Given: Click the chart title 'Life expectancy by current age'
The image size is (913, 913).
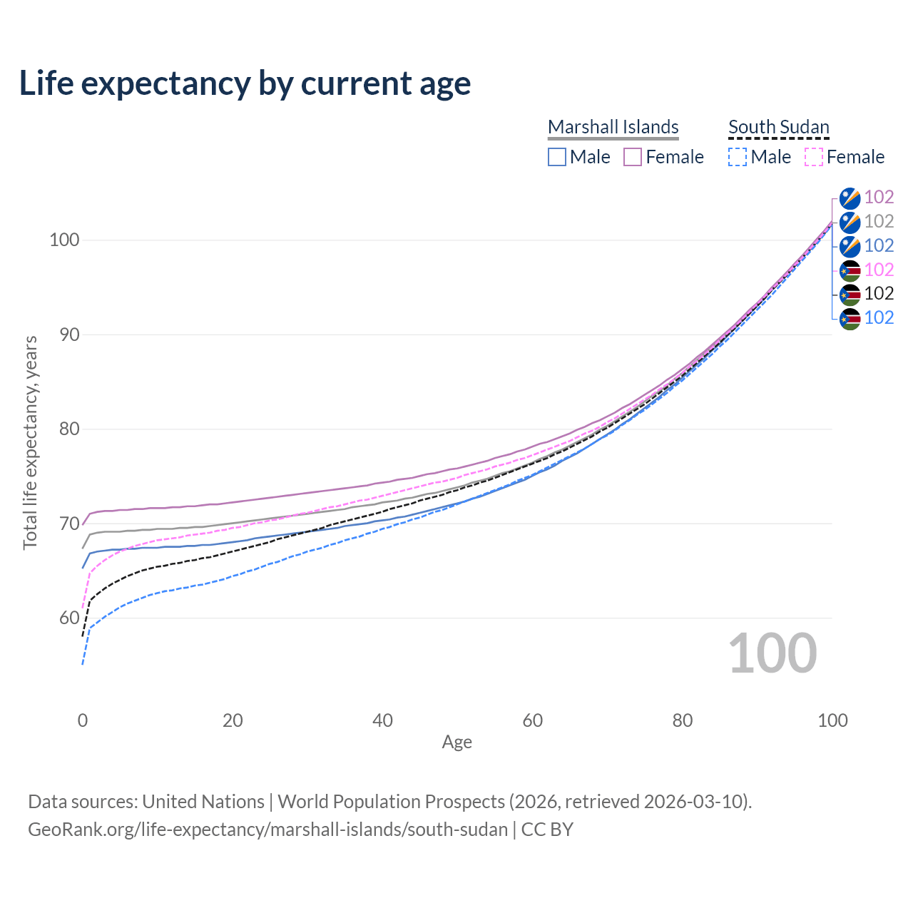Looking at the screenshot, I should click(245, 83).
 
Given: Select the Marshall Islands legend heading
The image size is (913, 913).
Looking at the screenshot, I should click(613, 127).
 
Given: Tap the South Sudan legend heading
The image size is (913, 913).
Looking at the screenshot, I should click(778, 127).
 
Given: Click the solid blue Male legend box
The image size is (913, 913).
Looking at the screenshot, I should click(557, 157).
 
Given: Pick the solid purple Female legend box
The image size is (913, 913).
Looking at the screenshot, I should click(633, 157).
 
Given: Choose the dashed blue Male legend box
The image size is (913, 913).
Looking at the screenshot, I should click(738, 157).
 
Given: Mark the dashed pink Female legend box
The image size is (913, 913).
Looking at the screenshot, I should click(814, 157).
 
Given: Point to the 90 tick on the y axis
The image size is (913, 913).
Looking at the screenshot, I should click(63, 335).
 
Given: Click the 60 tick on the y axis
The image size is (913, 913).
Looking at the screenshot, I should click(63, 618).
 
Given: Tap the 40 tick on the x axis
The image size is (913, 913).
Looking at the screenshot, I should click(382, 720).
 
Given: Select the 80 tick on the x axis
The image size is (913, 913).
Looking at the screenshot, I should click(683, 720).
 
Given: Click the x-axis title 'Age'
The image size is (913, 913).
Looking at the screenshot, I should click(456, 743).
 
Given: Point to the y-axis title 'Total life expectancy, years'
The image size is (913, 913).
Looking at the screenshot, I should click(30, 443).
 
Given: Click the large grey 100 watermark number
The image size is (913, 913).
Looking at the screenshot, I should click(772, 653).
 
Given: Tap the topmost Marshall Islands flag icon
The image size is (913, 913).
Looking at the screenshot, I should click(850, 198).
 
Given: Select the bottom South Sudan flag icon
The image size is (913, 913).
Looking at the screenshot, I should click(850, 318).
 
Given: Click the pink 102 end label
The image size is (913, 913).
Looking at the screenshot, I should click(879, 270).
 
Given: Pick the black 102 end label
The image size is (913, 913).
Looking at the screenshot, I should click(879, 293).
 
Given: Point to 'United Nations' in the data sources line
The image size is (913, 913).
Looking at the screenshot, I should click(203, 802).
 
